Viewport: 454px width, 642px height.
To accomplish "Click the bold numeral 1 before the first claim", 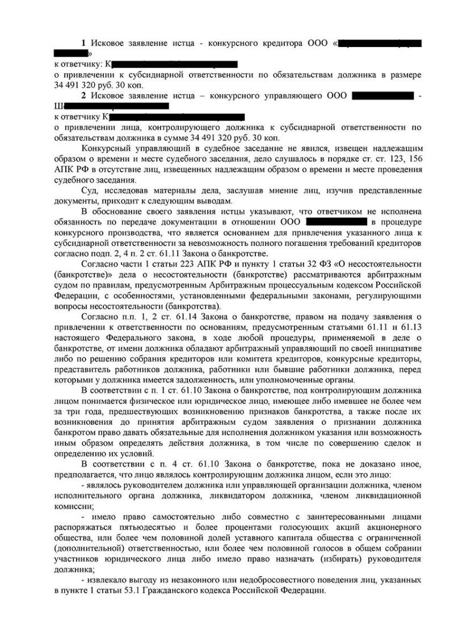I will point(83,44).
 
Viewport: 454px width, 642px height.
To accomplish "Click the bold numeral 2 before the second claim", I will point(83,95).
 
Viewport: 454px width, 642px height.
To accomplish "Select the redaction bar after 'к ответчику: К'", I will point(175,64).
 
